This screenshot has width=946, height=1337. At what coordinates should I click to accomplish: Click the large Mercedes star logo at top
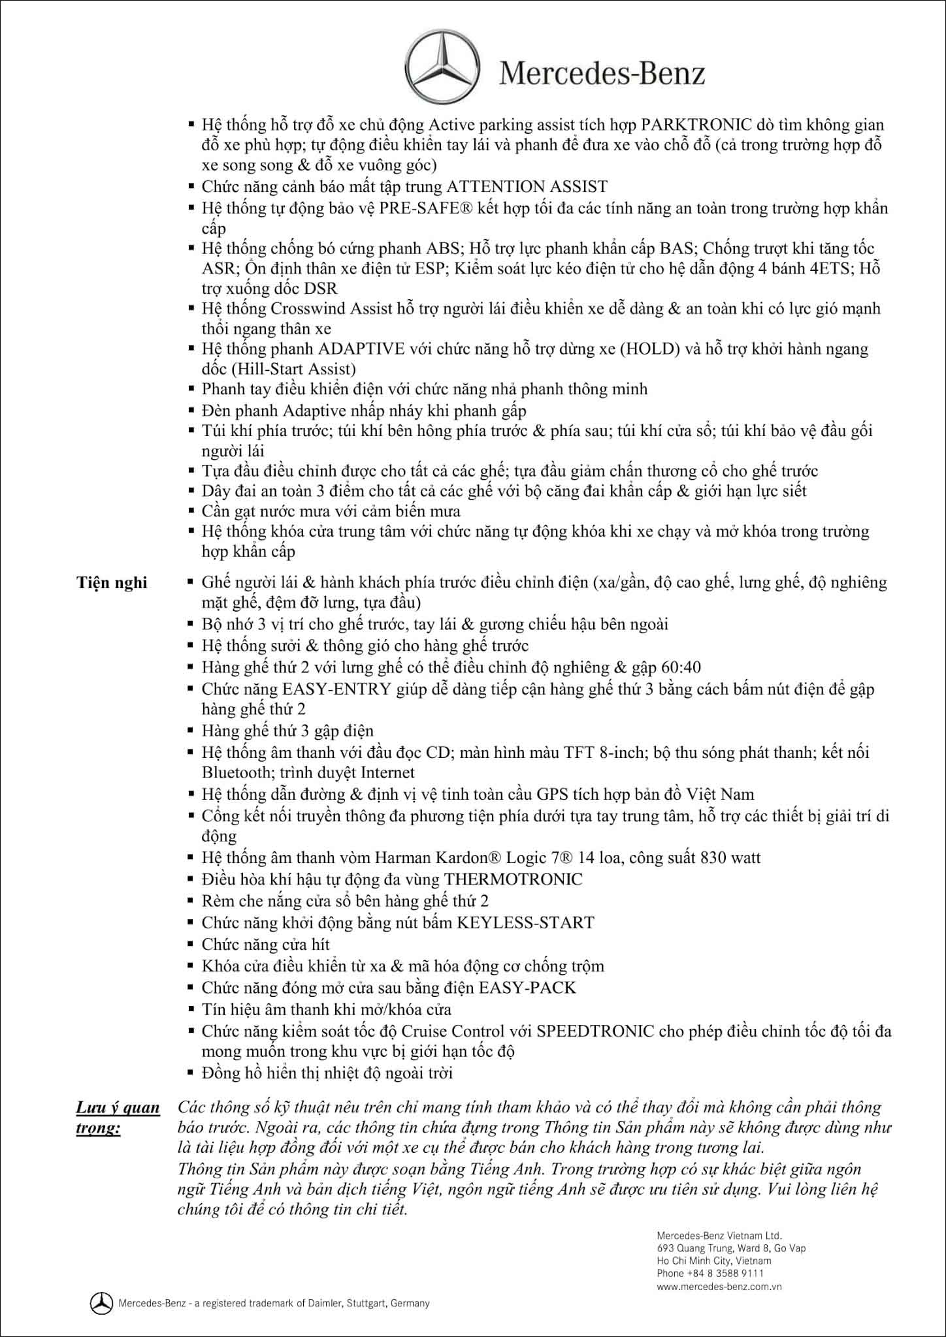[442, 68]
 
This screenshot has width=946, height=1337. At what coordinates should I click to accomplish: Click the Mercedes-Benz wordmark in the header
[602, 73]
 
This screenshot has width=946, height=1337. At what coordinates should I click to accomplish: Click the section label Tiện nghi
[112, 582]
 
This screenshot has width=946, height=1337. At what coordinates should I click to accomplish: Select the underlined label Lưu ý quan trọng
[118, 1117]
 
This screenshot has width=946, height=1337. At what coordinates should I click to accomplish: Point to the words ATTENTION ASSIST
[527, 187]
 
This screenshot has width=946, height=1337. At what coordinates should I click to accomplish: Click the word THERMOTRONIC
[513, 879]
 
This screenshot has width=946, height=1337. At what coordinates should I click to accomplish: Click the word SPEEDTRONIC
[595, 1031]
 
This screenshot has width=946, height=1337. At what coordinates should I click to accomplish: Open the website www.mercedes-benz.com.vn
[719, 1287]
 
